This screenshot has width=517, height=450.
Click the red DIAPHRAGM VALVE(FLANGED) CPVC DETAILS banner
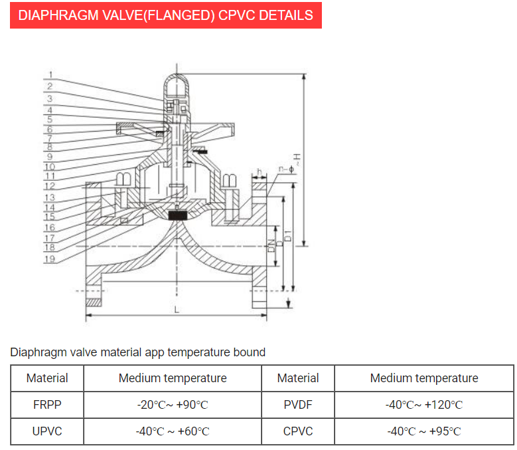[x=165, y=15]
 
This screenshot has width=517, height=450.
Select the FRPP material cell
[x=47, y=405]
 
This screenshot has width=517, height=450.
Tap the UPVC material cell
[x=47, y=431]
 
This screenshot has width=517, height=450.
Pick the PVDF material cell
[x=298, y=405]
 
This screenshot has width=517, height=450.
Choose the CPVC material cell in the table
[x=298, y=431]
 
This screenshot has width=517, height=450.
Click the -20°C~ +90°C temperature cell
[x=173, y=405]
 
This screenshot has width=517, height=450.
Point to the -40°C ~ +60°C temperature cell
[x=173, y=431]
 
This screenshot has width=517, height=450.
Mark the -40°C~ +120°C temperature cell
[x=424, y=405]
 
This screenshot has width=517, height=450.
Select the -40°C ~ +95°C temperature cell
[x=424, y=431]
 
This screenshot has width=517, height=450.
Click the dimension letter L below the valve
[x=177, y=310]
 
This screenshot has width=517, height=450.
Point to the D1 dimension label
[x=288, y=234]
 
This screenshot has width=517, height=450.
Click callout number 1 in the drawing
[x=50, y=74]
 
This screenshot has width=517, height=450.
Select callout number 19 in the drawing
[x=50, y=259]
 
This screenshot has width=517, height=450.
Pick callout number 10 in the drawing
[x=50, y=166]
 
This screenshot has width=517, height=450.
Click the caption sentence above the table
[x=138, y=352]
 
